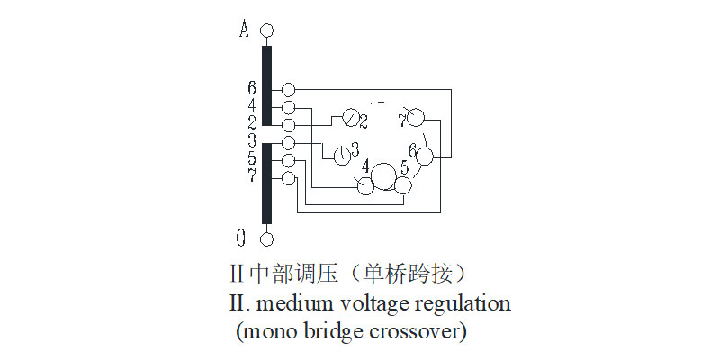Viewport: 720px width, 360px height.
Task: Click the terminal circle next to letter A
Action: tap(266, 31)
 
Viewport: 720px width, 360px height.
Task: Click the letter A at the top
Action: tap(244, 30)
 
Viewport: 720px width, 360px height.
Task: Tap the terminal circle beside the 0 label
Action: tap(266, 238)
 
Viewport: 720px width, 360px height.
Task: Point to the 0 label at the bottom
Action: tap(241, 238)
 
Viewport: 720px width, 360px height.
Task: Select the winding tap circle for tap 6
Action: tap(288, 90)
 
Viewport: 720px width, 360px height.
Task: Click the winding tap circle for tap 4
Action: tap(288, 108)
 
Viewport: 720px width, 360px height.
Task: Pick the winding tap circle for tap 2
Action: tap(288, 125)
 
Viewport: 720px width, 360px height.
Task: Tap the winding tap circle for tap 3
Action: tap(288, 143)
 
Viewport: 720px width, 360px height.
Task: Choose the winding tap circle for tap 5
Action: tap(288, 161)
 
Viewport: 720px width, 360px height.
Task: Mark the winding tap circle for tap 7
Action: tap(288, 178)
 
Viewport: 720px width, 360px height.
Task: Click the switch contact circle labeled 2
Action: tap(349, 120)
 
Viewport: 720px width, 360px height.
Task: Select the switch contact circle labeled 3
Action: tap(343, 156)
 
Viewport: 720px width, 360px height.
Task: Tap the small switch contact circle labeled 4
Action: tap(364, 185)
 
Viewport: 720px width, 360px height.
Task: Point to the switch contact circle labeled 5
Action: tap(402, 185)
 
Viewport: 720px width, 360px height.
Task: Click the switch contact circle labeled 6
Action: tap(425, 157)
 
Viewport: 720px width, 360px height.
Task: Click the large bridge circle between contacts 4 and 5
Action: tap(384, 175)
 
